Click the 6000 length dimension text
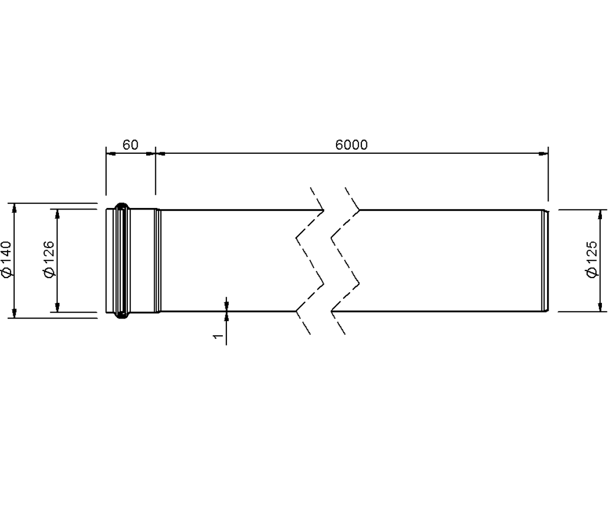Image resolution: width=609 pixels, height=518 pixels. click(351, 145)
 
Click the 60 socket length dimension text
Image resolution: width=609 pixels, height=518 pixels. click(130, 145)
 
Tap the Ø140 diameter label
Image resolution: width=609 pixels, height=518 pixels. click(7, 259)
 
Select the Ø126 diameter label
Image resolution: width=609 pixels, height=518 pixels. click(49, 259)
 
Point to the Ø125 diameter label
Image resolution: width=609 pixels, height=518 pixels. click(592, 259)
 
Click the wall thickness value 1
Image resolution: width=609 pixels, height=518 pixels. click(218, 336)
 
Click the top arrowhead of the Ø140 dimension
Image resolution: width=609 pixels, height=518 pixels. click(14, 208)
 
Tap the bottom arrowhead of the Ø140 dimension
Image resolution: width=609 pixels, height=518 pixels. click(14, 314)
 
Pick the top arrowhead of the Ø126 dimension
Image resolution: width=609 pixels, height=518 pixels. click(57, 214)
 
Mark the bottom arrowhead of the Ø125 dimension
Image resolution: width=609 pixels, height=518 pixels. click(600, 307)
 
